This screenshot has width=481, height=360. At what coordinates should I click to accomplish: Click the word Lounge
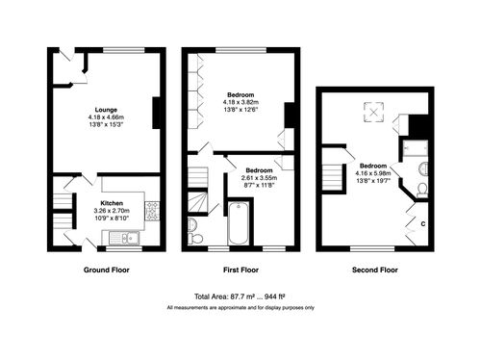105,110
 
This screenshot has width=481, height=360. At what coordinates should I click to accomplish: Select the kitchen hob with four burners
152,207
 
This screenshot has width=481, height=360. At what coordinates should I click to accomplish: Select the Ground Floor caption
106,270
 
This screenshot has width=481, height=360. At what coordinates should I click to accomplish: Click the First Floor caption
240,270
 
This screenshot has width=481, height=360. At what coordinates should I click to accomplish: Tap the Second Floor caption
374,270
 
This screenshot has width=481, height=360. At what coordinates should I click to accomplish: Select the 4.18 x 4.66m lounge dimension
105,117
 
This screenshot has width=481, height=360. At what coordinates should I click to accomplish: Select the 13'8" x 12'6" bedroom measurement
239,110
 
